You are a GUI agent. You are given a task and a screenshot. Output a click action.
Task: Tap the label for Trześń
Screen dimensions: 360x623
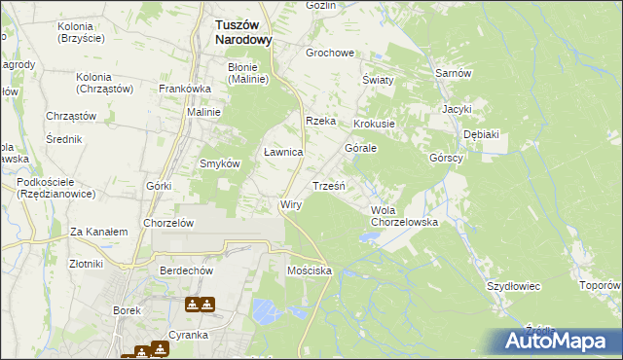(329, 185)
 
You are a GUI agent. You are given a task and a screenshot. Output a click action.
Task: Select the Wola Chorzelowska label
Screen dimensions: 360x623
(404, 216)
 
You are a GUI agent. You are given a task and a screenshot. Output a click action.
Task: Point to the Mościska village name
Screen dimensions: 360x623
(310, 270)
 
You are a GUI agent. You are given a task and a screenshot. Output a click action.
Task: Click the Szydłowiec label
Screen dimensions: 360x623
(513, 286)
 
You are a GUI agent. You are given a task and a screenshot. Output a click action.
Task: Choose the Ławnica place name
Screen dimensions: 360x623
(284, 153)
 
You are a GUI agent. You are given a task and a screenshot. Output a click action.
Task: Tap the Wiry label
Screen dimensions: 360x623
(291, 205)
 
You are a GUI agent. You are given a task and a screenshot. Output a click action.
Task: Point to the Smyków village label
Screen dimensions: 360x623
(219, 163)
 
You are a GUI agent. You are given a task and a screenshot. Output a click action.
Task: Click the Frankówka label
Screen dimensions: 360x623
(185, 89)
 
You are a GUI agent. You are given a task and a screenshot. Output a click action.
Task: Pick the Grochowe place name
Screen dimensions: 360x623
(330, 54)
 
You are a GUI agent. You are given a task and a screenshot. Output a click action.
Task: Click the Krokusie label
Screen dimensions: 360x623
(374, 125)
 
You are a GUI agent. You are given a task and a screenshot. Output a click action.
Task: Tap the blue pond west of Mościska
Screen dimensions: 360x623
(265, 311)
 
